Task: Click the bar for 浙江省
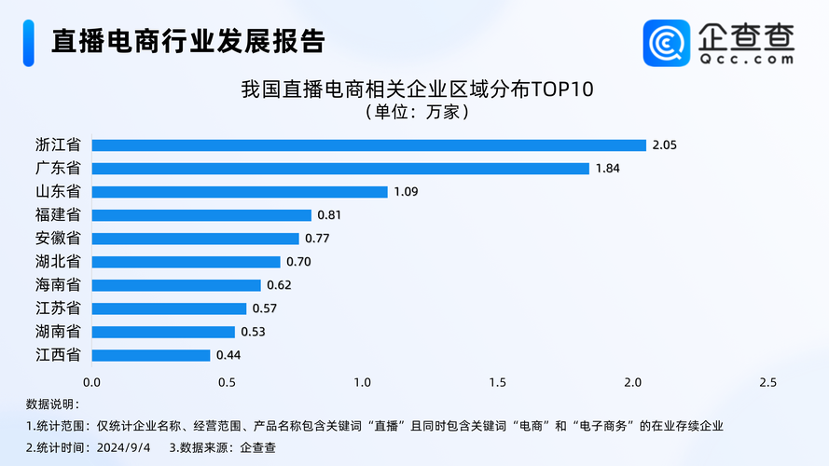tap(368, 145)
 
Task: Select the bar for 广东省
tap(340, 169)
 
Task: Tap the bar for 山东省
tap(239, 192)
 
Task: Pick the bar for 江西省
tap(151, 355)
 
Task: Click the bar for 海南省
tap(176, 285)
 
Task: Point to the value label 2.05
tap(664, 145)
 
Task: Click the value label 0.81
tap(329, 215)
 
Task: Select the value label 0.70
tap(298, 262)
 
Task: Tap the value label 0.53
tap(253, 332)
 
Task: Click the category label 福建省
tap(57, 215)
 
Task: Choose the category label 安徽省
tap(57, 239)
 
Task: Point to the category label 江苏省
tap(57, 308)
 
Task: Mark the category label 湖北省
tap(57, 262)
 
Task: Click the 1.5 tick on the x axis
tap(497, 382)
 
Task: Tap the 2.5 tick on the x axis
tap(767, 382)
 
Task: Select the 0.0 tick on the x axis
tap(91, 382)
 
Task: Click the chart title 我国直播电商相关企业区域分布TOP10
tap(417, 89)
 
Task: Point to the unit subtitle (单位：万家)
tap(416, 112)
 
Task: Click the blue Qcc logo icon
tap(666, 43)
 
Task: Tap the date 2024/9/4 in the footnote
tap(123, 447)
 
